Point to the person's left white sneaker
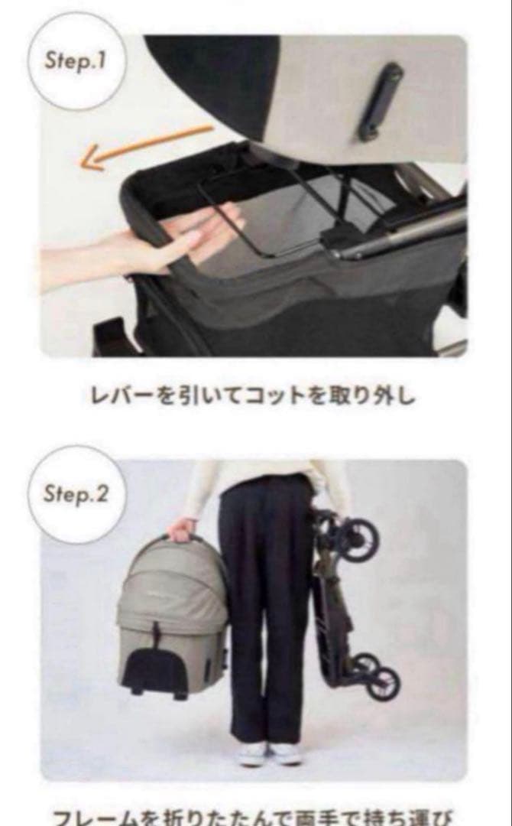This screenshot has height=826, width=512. point(286,753)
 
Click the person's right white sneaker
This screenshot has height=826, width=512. point(251,753)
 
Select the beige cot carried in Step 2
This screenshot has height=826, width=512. point(172,612)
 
